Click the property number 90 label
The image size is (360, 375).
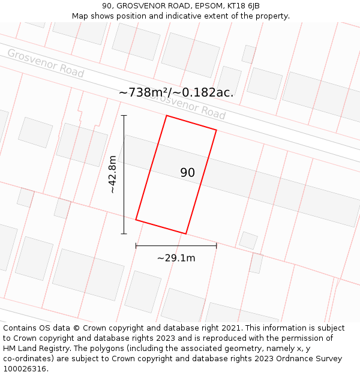187,173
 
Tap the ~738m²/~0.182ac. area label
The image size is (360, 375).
176,92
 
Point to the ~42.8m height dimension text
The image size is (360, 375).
112,174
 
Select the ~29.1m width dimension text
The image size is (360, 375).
176,258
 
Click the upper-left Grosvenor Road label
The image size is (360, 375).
46,63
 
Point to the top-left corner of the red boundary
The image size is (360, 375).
166,116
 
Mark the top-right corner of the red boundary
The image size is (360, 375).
216,130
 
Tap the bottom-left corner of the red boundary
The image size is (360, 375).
136,220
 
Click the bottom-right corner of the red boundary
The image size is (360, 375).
186,233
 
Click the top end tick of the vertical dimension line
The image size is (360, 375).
124,115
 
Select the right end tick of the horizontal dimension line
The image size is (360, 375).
216,245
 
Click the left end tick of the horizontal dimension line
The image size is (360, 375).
136,245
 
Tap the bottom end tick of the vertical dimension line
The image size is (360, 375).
124,233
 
